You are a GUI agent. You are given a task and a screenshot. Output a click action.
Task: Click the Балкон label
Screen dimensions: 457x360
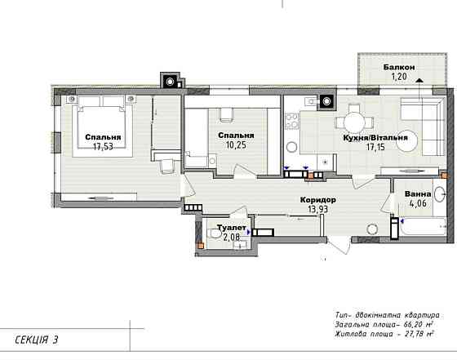click(x=399, y=67)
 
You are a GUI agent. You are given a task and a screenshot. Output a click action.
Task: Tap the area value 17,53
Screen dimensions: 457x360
click(x=103, y=146)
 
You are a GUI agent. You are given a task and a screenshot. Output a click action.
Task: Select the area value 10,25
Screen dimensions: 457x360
click(x=236, y=144)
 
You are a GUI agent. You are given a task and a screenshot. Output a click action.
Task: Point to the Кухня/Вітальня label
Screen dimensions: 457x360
click(x=375, y=138)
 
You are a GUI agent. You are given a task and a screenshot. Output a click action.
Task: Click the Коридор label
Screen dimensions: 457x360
click(x=318, y=200)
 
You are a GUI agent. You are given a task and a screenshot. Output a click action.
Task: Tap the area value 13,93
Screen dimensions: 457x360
click(x=318, y=209)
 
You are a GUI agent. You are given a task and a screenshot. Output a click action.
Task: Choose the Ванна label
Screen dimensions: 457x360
click(x=418, y=194)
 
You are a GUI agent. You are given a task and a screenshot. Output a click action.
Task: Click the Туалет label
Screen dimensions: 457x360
click(x=232, y=228)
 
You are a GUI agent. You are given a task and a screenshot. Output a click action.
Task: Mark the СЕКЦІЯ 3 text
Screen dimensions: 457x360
click(x=37, y=340)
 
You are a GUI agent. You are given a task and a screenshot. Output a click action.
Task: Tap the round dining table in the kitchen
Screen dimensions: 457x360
click(x=354, y=122)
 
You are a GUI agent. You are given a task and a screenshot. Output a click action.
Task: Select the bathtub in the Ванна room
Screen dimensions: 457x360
click(x=423, y=226)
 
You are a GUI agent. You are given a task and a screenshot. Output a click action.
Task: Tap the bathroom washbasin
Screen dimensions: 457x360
click(x=440, y=193)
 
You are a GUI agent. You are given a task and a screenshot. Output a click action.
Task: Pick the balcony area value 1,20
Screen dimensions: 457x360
click(x=399, y=77)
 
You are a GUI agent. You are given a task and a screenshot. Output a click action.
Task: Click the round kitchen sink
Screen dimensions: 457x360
click(x=292, y=147)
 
